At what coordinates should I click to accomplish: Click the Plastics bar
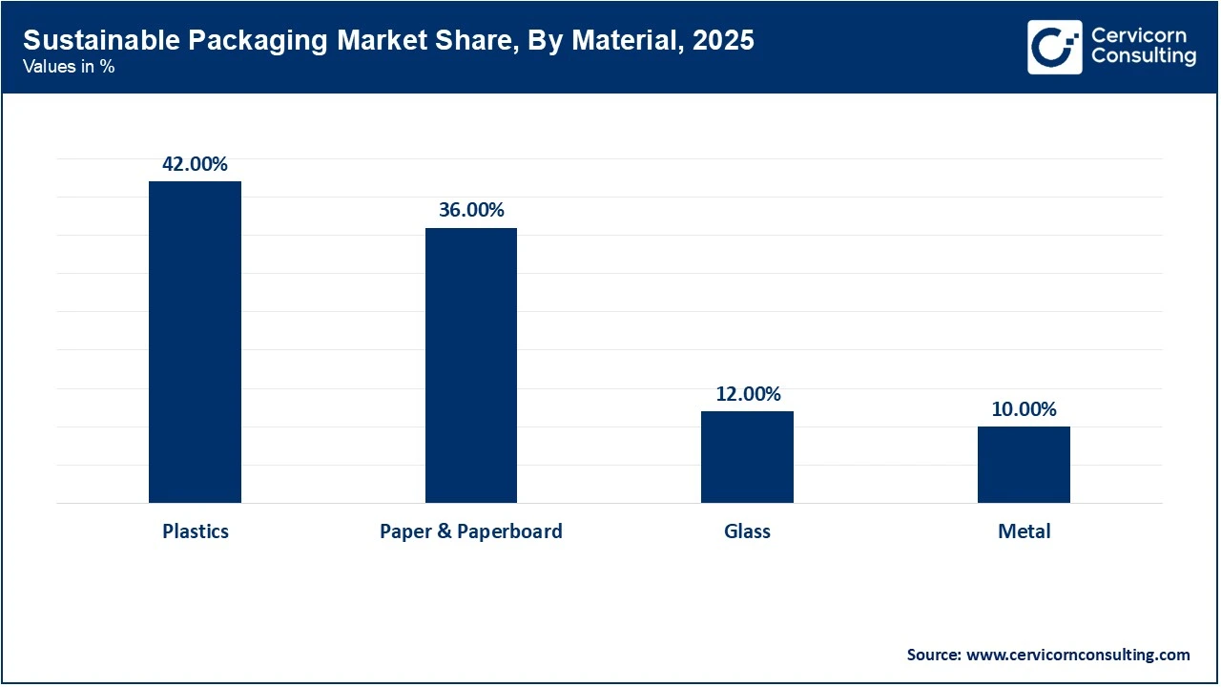(195, 342)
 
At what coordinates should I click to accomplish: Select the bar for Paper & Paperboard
(471, 365)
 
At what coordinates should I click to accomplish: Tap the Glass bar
(747, 457)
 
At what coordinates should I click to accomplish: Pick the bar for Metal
(1024, 465)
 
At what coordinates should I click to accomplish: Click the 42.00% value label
(195, 164)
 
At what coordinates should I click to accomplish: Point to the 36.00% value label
(471, 210)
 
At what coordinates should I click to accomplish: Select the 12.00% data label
(748, 394)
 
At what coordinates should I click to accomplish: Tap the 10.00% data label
(1024, 409)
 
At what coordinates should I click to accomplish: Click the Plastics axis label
(196, 531)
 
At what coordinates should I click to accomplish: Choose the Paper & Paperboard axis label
(471, 531)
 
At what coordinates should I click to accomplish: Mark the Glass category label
(747, 531)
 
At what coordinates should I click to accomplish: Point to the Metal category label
(1024, 531)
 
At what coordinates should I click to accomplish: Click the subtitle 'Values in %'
(69, 67)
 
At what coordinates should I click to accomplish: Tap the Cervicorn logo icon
(1054, 47)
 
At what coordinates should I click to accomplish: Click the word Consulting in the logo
(1143, 57)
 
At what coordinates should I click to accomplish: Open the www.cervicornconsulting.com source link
(1078, 655)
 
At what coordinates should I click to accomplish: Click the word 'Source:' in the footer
(934, 655)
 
